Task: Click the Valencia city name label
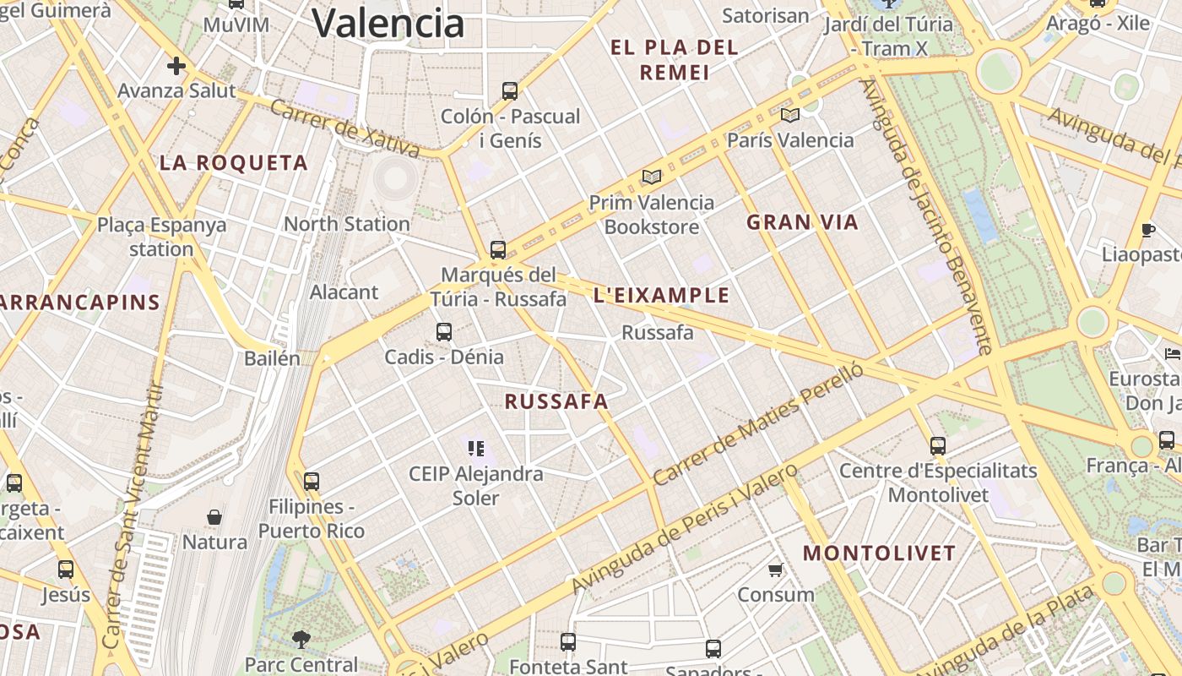[x=388, y=22]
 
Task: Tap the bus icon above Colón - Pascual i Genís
[x=510, y=90]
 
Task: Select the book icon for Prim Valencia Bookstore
[x=651, y=177]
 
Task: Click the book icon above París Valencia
[x=790, y=115]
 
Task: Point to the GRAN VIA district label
[x=802, y=222]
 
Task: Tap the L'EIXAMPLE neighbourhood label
[x=661, y=295]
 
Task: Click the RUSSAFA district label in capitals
[x=556, y=401]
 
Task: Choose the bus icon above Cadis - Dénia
[x=444, y=332]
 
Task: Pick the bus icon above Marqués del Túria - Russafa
[x=498, y=250]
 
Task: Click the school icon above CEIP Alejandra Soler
[x=475, y=448]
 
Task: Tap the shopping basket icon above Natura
[x=214, y=516]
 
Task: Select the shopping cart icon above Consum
[x=776, y=570]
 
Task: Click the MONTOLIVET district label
[x=879, y=553]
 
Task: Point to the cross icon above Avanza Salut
[x=176, y=66]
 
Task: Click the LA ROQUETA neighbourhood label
[x=234, y=163]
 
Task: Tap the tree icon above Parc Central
[x=301, y=640]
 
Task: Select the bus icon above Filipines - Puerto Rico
[x=312, y=482]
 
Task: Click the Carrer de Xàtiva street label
[x=345, y=129]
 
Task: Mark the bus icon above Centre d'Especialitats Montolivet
[x=938, y=445]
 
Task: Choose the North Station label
[x=346, y=224]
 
